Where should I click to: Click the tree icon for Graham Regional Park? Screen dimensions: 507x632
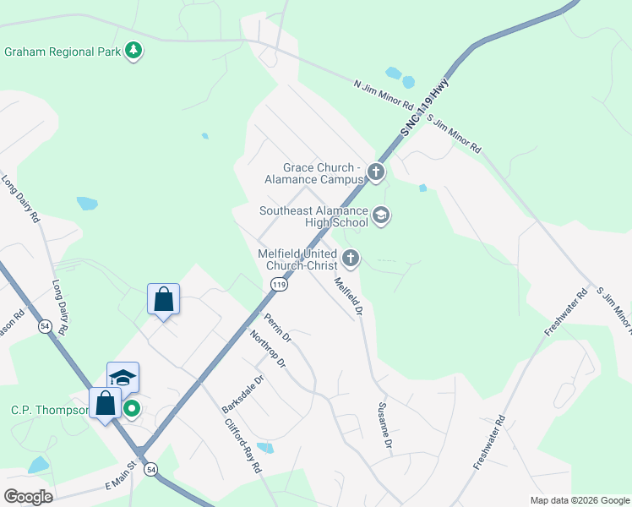(x=133, y=52)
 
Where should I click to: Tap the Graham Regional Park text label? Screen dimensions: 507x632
(x=63, y=52)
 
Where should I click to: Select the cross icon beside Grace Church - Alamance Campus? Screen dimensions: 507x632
(x=376, y=173)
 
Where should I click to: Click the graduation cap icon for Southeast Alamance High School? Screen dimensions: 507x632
(x=380, y=216)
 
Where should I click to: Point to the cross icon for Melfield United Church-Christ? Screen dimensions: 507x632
(x=350, y=259)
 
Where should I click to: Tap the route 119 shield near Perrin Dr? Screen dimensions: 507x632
(x=280, y=286)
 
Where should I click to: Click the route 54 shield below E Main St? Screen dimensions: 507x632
(x=150, y=469)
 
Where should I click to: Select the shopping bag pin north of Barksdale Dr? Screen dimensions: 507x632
(x=163, y=300)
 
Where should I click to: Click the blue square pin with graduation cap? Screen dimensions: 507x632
(x=123, y=378)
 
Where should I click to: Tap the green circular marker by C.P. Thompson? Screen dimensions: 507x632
(x=132, y=410)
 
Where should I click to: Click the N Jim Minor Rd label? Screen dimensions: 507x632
(x=383, y=95)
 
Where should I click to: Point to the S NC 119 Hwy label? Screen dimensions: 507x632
(x=423, y=106)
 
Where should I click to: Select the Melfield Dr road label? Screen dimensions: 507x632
(x=347, y=297)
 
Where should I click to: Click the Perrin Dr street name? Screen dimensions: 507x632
(x=277, y=328)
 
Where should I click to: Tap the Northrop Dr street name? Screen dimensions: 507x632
(x=268, y=350)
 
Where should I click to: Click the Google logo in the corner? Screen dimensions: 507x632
(x=29, y=496)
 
